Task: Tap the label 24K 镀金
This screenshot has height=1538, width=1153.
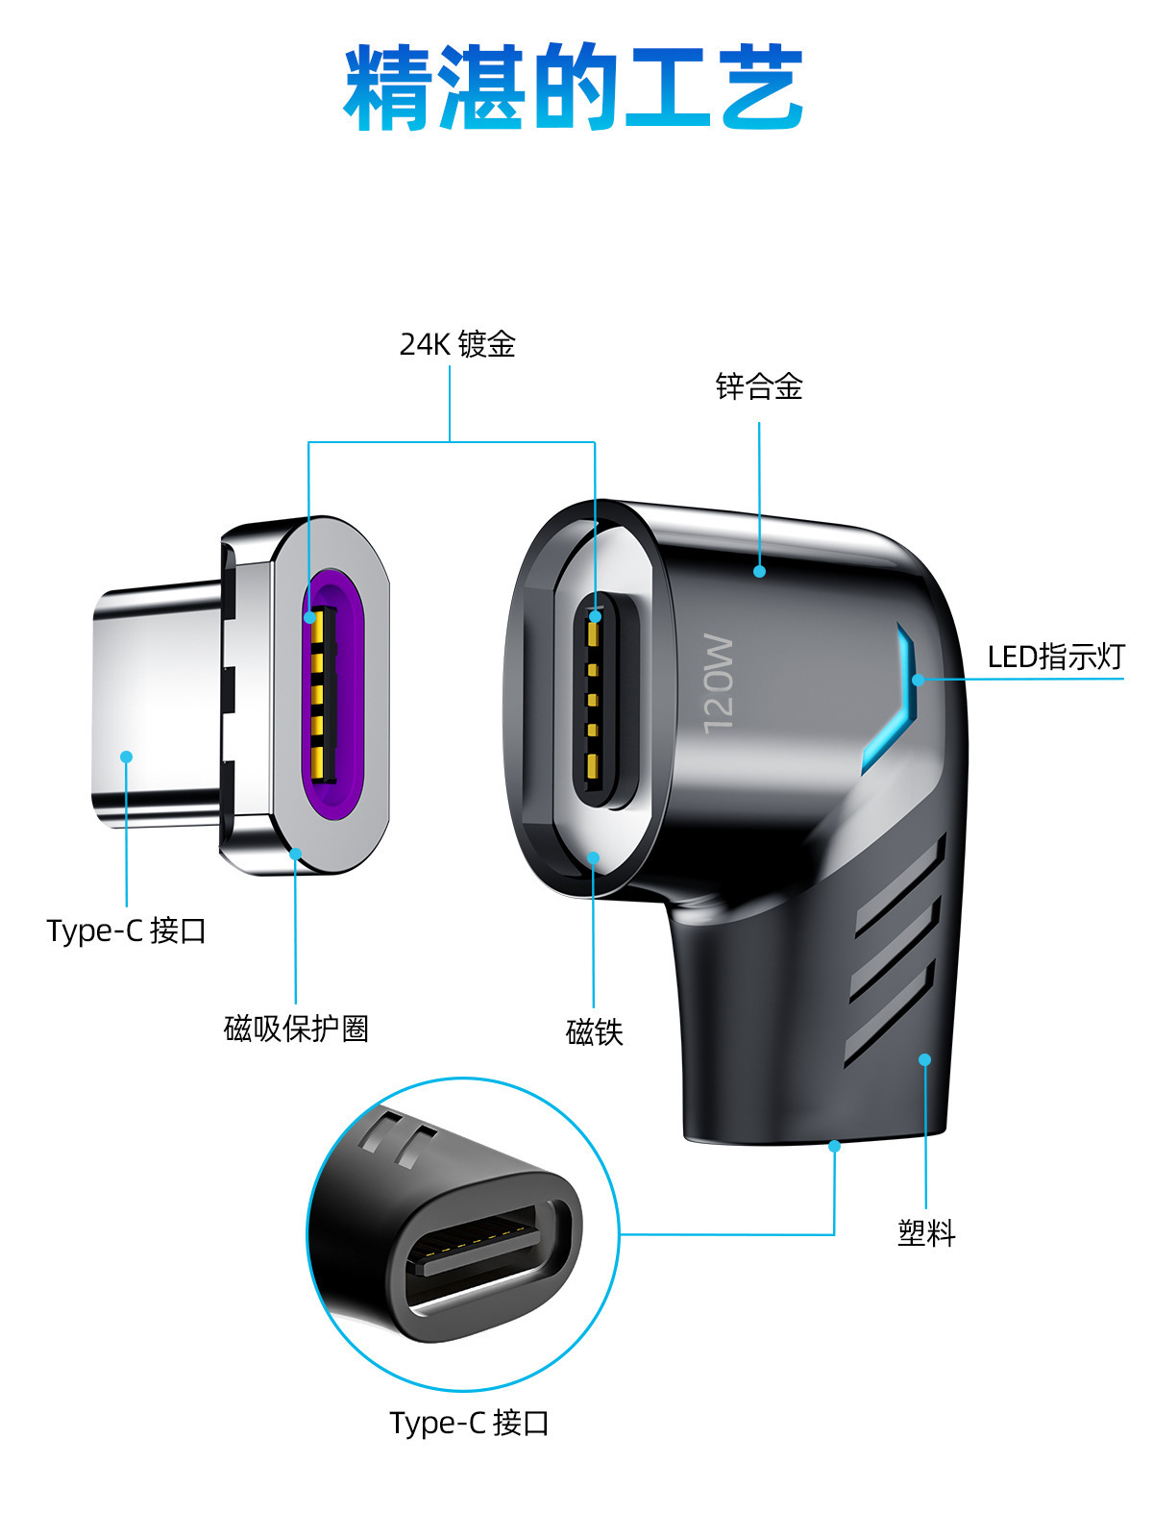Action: coord(457,344)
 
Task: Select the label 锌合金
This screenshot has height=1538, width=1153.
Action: coord(759,386)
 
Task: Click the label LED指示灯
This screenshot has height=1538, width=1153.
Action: coord(1055,657)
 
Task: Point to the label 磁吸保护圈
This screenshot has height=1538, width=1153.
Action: coord(296,1029)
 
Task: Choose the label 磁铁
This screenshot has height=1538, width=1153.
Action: coord(595,1032)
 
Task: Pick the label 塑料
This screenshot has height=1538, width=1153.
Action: coord(926,1232)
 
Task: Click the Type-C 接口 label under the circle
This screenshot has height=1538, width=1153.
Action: coord(469,1423)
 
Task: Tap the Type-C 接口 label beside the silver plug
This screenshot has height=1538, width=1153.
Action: coord(126,930)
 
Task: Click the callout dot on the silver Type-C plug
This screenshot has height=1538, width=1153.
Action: coord(126,757)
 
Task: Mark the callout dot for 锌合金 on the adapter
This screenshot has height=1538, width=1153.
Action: coord(759,571)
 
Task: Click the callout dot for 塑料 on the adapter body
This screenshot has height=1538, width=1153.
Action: coord(924,1059)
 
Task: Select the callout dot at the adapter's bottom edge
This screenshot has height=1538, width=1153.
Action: coord(834,1146)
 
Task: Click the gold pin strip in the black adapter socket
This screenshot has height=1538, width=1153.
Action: coord(593,697)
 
